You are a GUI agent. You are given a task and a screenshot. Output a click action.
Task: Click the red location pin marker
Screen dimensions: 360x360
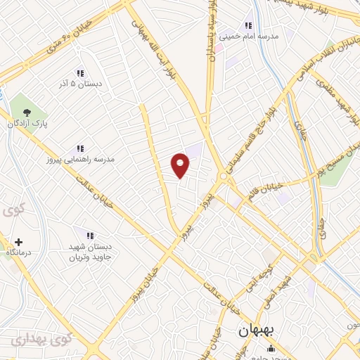(x=181, y=165)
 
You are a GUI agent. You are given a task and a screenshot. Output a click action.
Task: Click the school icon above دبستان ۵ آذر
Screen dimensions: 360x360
(x=79, y=73)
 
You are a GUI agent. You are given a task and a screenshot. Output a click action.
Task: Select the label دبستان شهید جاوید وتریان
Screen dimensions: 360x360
(x=90, y=250)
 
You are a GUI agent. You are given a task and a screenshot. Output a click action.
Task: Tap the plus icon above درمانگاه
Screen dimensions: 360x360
(x=20, y=240)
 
